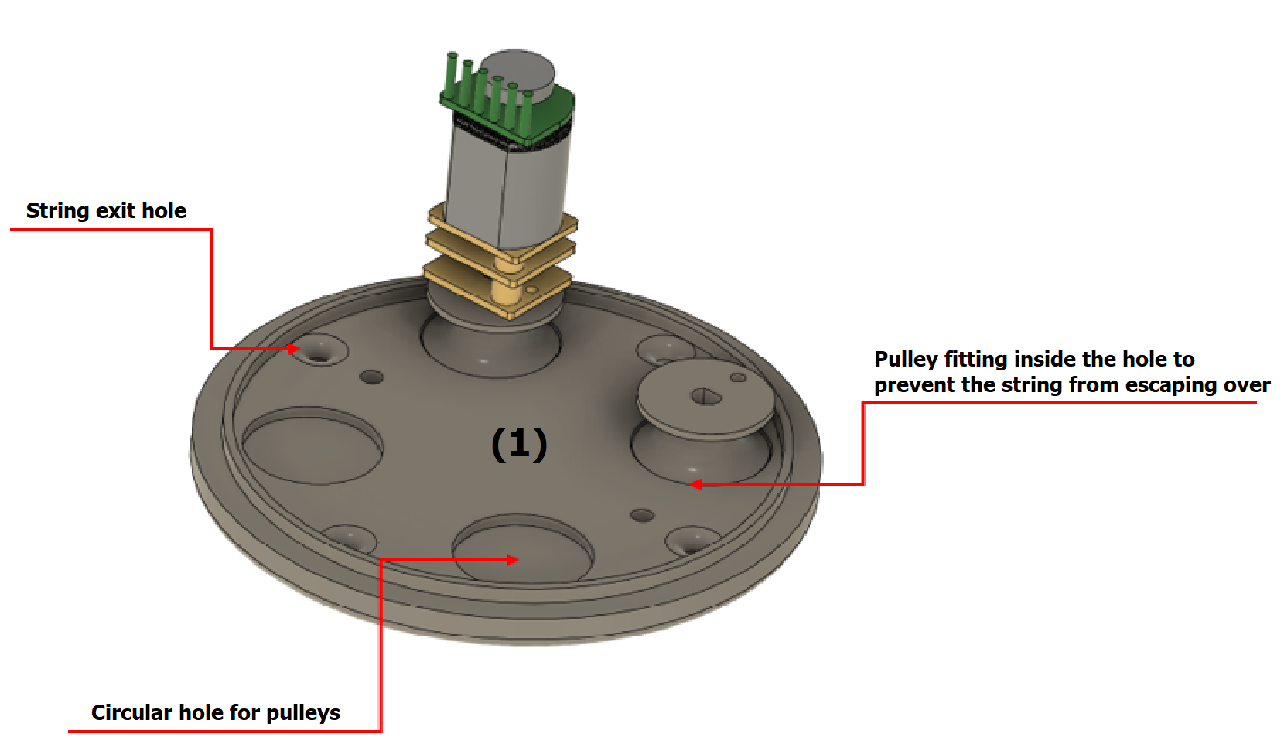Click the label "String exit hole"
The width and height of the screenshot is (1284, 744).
[x=106, y=211]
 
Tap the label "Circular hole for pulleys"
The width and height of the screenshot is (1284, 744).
[x=215, y=712]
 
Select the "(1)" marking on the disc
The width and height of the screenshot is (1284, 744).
[x=519, y=444]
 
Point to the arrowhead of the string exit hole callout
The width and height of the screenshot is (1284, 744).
[x=293, y=349]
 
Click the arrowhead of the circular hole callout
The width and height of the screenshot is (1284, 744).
[x=512, y=559]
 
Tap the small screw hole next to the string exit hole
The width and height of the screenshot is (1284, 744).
[x=372, y=377]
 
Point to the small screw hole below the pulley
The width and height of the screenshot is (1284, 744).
[x=642, y=515]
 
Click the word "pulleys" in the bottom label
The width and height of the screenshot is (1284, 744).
[x=302, y=712]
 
